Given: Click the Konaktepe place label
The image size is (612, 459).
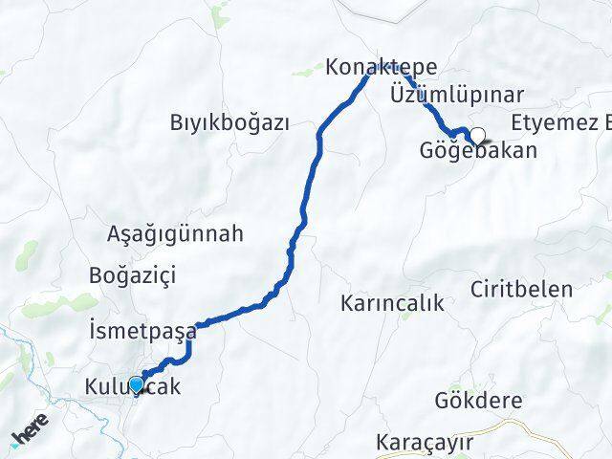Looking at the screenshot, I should coord(381,68).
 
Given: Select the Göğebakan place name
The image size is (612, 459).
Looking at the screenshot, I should coord(478,150).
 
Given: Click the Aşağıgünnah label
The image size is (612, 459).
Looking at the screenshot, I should coord(176,233).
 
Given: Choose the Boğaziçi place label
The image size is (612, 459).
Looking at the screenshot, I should coord(132,275).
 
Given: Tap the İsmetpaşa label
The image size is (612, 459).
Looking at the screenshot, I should coord(141,332).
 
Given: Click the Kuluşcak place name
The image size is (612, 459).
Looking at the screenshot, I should coord(131,387).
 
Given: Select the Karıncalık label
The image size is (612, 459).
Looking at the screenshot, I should coord(392,304).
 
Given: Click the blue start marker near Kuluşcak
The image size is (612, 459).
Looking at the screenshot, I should coord(137,384).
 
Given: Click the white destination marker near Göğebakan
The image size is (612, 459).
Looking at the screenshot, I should coord(477,136).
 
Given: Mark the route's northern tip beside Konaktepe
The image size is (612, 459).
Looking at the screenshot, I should coord(368,76).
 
